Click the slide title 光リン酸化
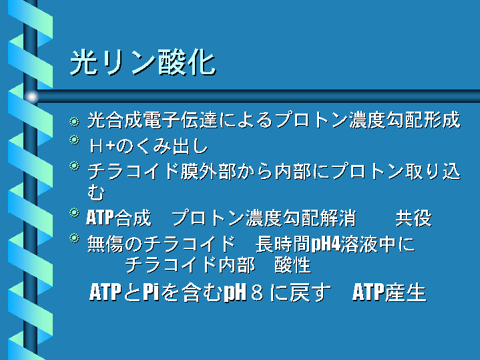[x=143, y=62]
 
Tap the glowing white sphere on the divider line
[x=31, y=97]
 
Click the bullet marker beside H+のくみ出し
[x=74, y=140]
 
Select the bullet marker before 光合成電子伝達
[x=74, y=122]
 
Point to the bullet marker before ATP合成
[x=74, y=212]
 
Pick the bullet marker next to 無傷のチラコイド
[x=74, y=238]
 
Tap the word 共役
[x=413, y=218]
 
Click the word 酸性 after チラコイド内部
[x=293, y=264]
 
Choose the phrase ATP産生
[x=389, y=293]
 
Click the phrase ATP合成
[x=119, y=218]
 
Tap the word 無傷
[x=105, y=244]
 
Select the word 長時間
[x=283, y=244]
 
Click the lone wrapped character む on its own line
[x=96, y=193]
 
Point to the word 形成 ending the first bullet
[x=442, y=120]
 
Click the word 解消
[x=338, y=218]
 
